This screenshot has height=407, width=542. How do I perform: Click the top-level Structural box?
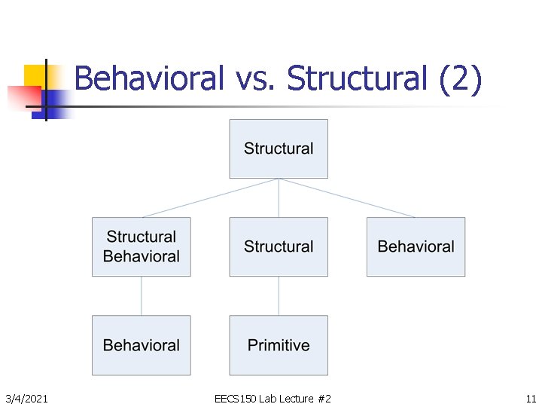click(279, 148)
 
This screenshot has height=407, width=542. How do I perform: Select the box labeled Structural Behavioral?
click(141, 246)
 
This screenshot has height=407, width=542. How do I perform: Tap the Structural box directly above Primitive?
click(279, 246)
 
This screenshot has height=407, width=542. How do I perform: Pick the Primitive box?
click(279, 345)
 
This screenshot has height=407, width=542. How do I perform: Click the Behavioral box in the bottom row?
click(141, 345)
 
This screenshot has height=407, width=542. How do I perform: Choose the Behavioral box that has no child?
click(416, 246)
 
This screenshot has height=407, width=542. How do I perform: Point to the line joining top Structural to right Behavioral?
click(347, 197)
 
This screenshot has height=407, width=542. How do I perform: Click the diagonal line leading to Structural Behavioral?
click(210, 197)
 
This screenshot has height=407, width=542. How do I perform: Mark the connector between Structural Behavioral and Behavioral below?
click(141, 295)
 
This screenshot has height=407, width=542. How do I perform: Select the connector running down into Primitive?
click(279, 295)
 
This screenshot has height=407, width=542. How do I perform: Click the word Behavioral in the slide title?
click(149, 78)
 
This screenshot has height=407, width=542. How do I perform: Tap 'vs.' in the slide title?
click(256, 78)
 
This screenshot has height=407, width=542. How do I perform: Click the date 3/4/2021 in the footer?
click(26, 398)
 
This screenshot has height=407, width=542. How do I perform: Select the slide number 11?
click(531, 398)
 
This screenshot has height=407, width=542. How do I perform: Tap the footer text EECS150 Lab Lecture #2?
click(273, 398)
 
